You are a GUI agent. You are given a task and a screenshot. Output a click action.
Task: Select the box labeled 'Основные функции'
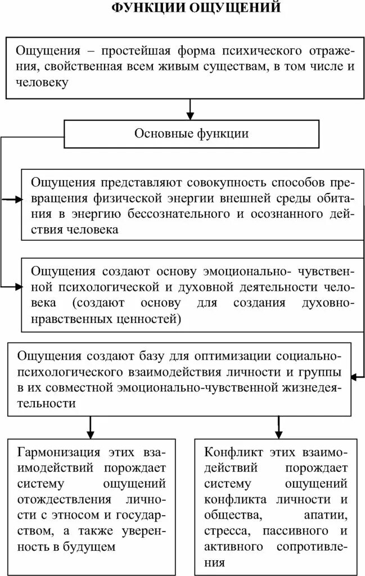coord(191,134)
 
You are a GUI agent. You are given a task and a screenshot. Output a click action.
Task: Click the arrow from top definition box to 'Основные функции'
coord(191,109)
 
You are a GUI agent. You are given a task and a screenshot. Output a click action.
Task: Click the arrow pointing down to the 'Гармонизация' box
coord(89,427)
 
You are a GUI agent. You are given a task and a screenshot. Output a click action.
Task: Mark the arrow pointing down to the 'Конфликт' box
coord(278,427)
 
